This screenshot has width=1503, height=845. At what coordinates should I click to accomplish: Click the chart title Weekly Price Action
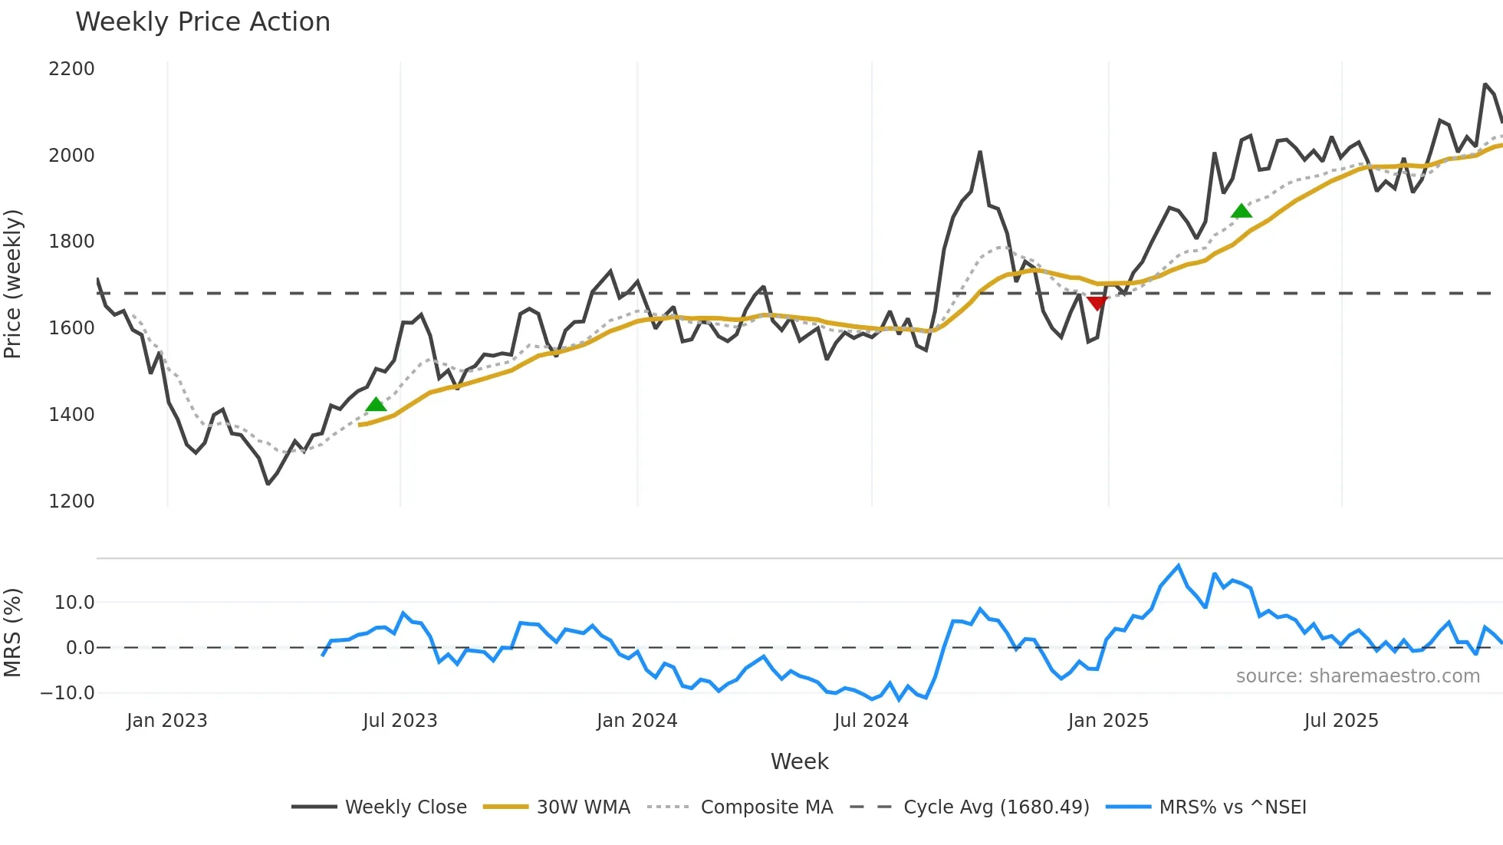click(202, 22)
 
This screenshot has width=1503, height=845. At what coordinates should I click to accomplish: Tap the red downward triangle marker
click(1097, 303)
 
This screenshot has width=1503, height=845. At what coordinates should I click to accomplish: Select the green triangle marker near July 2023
click(376, 404)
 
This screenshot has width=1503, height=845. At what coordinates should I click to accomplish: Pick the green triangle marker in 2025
click(1241, 211)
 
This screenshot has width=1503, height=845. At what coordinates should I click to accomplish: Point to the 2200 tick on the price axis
click(71, 69)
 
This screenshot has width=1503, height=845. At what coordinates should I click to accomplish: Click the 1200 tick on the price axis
click(71, 501)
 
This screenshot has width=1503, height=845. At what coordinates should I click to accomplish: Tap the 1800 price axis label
click(71, 242)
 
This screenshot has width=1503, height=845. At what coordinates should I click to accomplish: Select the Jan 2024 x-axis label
click(636, 721)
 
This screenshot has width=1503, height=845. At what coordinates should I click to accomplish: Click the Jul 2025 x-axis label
click(1340, 721)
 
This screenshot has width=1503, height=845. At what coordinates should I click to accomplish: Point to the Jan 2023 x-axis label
click(166, 721)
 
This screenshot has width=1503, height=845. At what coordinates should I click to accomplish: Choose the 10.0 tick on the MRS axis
click(74, 603)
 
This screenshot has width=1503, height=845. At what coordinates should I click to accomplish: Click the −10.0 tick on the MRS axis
click(67, 693)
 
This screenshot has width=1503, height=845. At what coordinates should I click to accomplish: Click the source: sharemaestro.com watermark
click(1357, 676)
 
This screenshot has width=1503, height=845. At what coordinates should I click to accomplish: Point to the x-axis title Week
click(799, 761)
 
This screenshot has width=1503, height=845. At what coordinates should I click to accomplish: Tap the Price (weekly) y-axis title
click(13, 284)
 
